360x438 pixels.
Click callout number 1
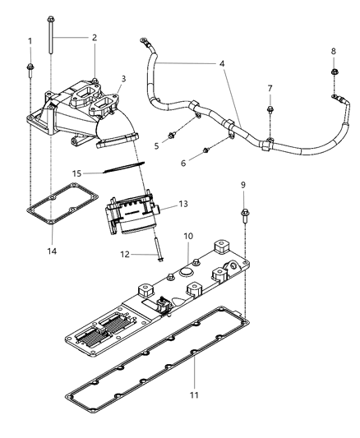(30, 41)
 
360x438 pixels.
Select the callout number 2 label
(94, 37)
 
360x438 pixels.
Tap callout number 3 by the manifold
(122, 79)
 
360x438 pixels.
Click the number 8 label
(333, 52)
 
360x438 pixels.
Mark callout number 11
(194, 384)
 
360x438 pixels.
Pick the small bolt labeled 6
(205, 149)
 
